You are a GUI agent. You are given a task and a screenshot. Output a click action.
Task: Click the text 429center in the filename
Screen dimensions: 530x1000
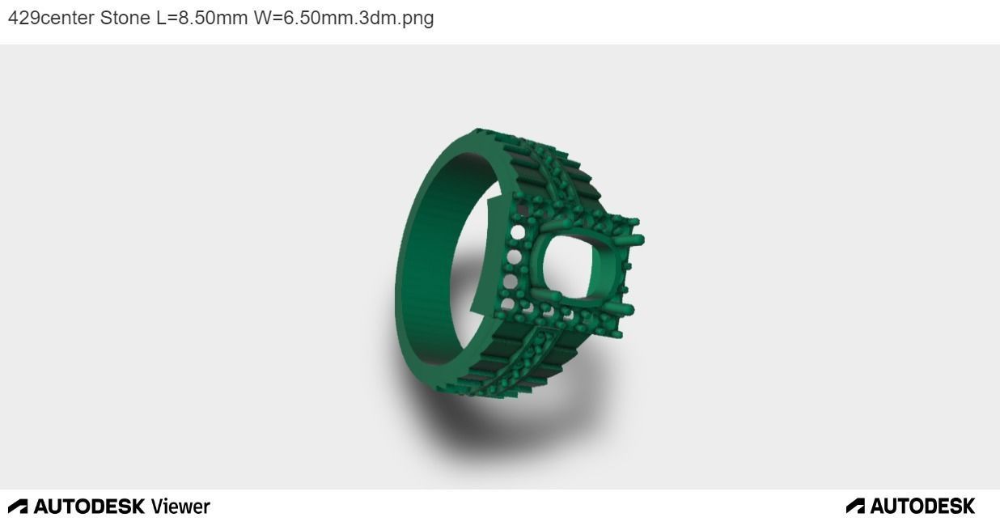click(51, 18)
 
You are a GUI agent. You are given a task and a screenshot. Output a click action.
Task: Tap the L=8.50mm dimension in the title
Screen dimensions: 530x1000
click(201, 18)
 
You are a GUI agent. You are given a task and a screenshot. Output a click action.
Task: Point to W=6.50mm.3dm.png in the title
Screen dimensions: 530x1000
click(343, 18)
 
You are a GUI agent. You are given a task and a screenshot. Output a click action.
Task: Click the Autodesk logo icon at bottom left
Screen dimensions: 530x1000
click(18, 507)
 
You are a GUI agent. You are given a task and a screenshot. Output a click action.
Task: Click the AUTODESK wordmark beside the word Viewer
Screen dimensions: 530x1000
click(89, 507)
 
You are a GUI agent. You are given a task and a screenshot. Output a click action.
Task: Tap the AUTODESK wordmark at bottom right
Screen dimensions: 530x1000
click(922, 507)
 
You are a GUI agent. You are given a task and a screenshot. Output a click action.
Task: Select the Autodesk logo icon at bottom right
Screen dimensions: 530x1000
click(855, 507)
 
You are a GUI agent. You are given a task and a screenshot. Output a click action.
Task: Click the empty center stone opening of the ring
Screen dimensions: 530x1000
click(571, 269)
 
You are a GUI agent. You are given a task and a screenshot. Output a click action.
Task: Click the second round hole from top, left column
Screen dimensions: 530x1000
click(513, 258)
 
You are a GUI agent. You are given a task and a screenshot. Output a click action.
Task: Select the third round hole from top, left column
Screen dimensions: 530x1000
click(510, 282)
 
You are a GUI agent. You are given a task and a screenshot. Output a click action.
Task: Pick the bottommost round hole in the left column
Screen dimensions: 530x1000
click(507, 305)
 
